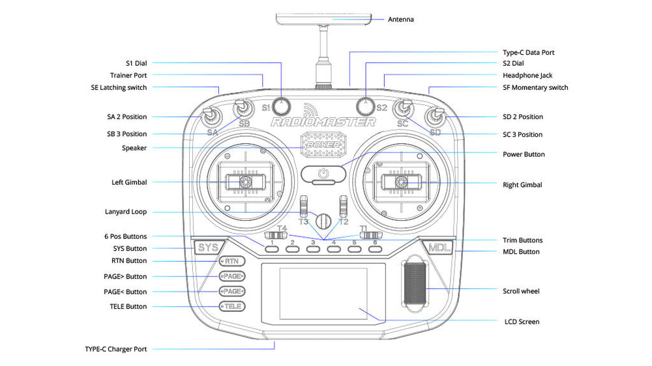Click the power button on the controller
323,174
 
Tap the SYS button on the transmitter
207,247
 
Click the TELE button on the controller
231,306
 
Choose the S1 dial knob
282,105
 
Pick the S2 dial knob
366,105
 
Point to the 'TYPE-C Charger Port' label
115,349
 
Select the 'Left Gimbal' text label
129,182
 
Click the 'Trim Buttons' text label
523,240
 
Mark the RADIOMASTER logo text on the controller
323,122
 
